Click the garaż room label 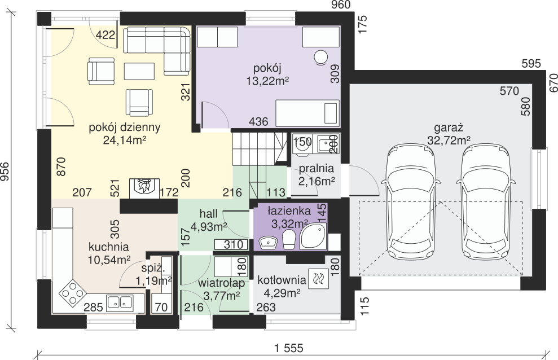click(x=449, y=128)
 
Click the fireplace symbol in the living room click(x=144, y=188)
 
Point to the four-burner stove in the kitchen click(x=72, y=293)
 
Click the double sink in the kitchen click(x=119, y=302)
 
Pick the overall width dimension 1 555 click(x=289, y=348)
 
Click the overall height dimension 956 click(x=5, y=172)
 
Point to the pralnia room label click(x=317, y=168)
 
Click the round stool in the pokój click(x=320, y=58)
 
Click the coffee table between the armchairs click(x=139, y=71)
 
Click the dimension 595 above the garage click(x=531, y=64)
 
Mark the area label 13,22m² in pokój click(x=267, y=81)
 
